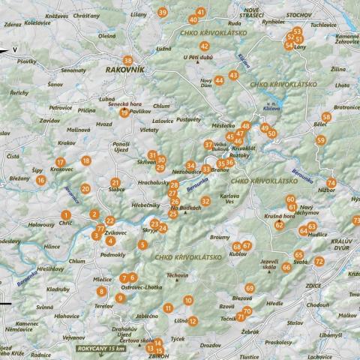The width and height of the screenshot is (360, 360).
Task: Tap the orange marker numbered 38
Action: (x=128, y=60)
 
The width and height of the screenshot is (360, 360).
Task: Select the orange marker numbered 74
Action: (x=331, y=183)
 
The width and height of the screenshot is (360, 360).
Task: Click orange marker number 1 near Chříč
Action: (x=67, y=215)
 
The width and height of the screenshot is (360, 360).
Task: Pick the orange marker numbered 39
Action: (x=163, y=12)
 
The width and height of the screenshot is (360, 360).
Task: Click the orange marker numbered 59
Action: (x=321, y=140)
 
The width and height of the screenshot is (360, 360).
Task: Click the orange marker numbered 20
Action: (x=85, y=190)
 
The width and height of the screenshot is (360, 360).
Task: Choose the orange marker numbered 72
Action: (x=319, y=261)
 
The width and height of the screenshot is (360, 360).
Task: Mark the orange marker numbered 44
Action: (x=219, y=80)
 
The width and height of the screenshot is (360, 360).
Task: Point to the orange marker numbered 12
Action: (x=193, y=321)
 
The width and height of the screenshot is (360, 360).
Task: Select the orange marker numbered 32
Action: (x=205, y=200)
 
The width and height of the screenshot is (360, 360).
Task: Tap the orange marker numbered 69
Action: (x=250, y=288)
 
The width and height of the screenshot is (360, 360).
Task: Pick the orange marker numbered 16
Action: (x=41, y=179)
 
